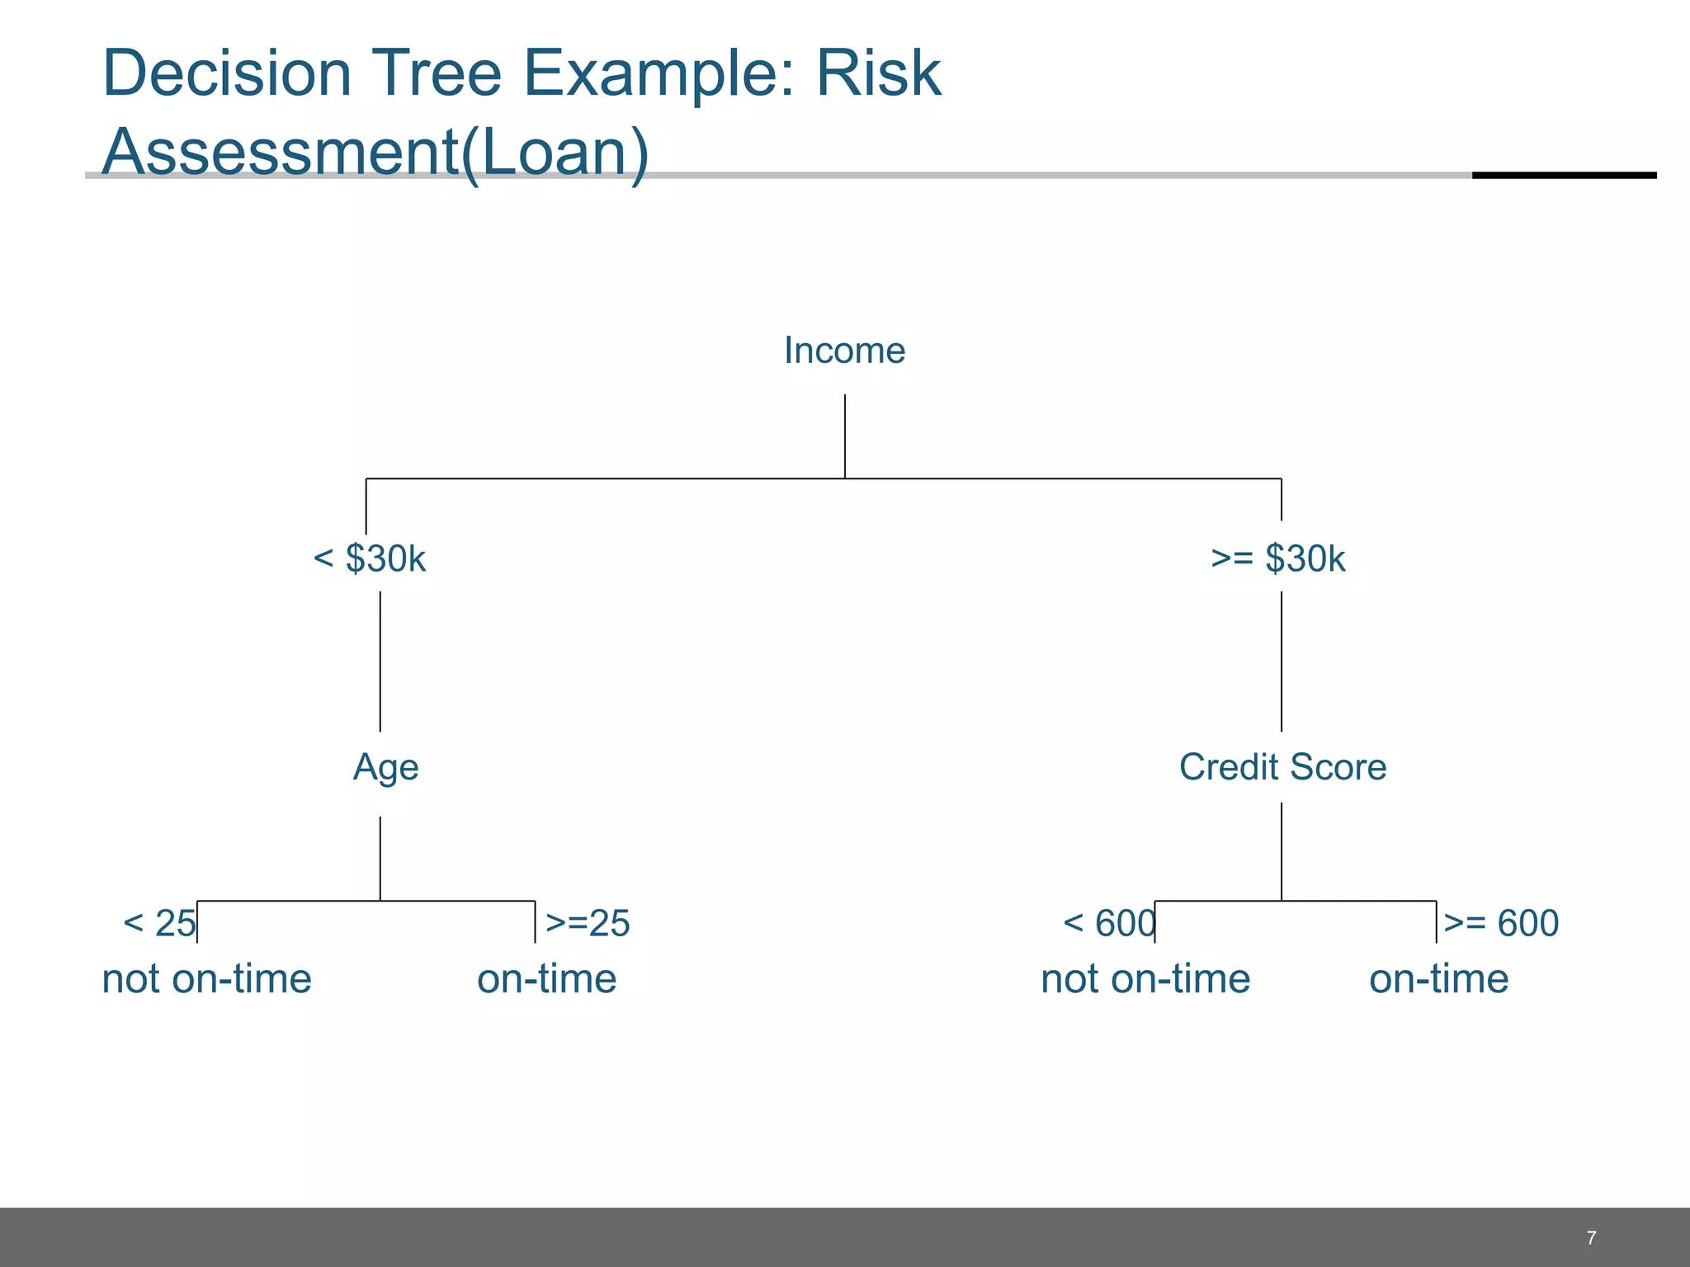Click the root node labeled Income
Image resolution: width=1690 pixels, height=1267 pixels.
pos(844,351)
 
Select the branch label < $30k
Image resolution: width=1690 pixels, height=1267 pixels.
pos(369,559)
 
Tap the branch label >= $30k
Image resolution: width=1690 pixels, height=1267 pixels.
pos(1277,559)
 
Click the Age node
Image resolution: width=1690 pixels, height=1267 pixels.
pos(385,768)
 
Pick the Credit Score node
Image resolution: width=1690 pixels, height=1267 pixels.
pos(1282,767)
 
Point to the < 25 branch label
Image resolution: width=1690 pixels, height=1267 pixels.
pos(159,923)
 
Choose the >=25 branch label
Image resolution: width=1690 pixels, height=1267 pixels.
pos(588,923)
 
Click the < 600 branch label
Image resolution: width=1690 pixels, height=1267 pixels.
pos(1108,923)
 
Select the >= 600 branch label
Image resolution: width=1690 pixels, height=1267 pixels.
pos(1501,923)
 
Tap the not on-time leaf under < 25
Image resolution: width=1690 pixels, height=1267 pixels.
pos(206,980)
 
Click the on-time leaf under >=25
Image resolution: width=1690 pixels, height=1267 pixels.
pos(546,980)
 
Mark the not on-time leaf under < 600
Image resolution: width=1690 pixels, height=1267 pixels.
pos(1145,980)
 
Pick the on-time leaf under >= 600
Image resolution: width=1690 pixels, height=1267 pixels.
pos(1438,980)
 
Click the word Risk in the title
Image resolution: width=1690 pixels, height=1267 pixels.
pos(878,74)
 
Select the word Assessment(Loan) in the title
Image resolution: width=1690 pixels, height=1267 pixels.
pos(375,153)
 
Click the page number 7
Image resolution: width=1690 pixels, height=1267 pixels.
pos(1591,1237)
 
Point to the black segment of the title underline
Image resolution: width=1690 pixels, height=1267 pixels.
pos(1564,175)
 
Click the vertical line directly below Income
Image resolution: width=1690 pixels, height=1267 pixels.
pos(844,436)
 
